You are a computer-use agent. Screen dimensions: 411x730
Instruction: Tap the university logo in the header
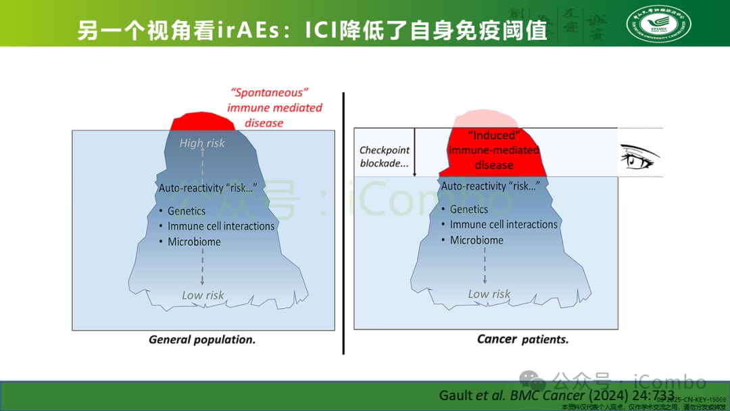pyautogui.click(x=658, y=24)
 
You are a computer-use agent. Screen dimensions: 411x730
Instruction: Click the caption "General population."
pyautogui.click(x=202, y=340)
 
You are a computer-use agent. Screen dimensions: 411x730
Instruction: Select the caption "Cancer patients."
pyautogui.click(x=522, y=339)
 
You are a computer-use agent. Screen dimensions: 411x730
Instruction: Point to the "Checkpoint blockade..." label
pyautogui.click(x=384, y=157)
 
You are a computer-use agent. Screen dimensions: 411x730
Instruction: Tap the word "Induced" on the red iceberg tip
pyautogui.click(x=493, y=135)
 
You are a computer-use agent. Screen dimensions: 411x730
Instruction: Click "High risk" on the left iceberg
pyautogui.click(x=202, y=143)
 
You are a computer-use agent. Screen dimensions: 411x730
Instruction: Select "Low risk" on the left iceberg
pyautogui.click(x=203, y=295)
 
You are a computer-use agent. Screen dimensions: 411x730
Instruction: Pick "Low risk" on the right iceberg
pyautogui.click(x=489, y=294)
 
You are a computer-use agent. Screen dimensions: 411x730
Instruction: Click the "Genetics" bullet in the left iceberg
pyautogui.click(x=187, y=211)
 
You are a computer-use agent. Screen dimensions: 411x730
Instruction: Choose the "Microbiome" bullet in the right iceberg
pyautogui.click(x=477, y=240)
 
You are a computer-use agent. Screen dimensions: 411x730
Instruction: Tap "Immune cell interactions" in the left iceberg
pyautogui.click(x=221, y=226)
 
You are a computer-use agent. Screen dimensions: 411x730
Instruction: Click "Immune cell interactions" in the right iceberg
pyautogui.click(x=504, y=224)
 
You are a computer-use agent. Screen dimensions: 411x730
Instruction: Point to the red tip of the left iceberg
pyautogui.click(x=203, y=123)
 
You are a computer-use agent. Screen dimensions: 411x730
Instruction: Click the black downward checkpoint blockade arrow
pyautogui.click(x=414, y=153)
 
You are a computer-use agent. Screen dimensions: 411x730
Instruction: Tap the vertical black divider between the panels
pyautogui.click(x=343, y=223)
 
